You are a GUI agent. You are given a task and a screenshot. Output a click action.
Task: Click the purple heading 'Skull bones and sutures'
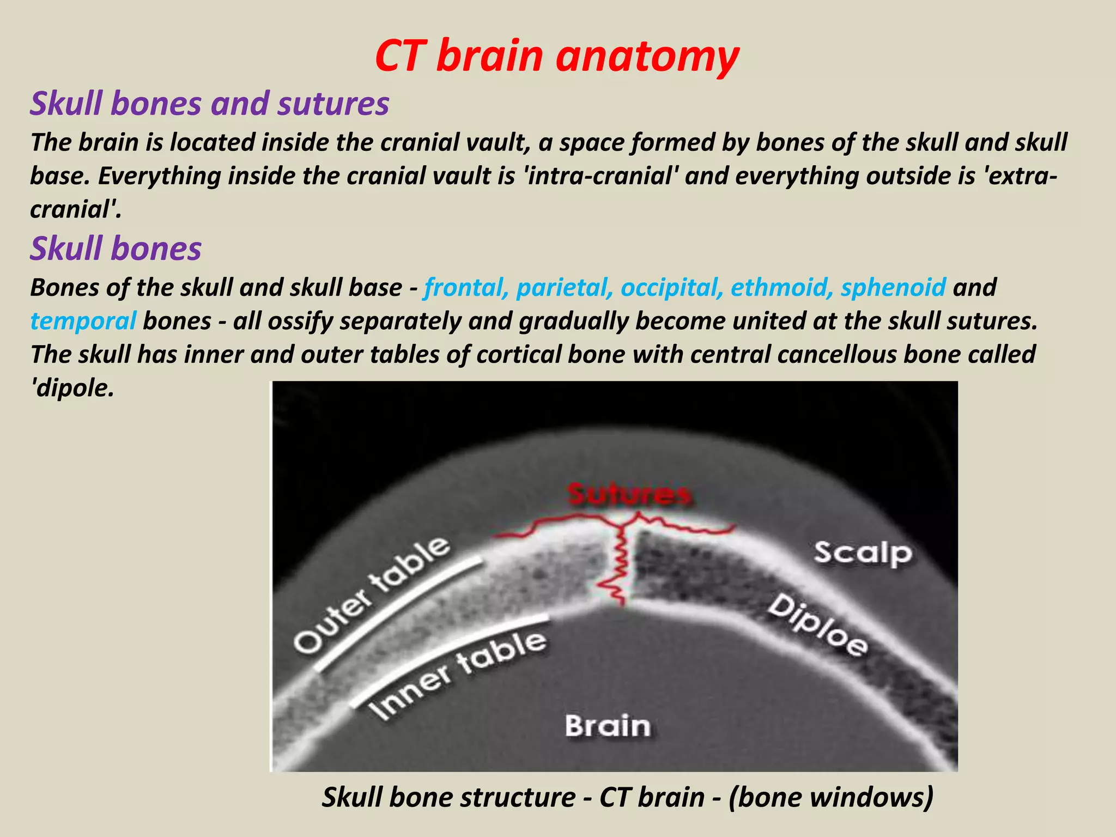(x=209, y=103)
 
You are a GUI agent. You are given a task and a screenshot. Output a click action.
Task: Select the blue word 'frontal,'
(x=465, y=287)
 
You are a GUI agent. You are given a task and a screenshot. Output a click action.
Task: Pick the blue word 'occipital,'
(x=672, y=287)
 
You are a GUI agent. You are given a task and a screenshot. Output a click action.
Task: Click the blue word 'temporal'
(x=83, y=321)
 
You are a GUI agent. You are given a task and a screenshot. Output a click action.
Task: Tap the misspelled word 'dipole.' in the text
(x=72, y=388)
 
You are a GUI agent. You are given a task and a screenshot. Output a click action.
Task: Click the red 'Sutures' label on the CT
(x=629, y=495)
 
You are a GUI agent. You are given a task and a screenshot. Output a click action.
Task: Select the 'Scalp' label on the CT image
(x=863, y=554)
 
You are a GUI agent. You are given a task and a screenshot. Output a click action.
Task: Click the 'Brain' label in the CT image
(x=608, y=726)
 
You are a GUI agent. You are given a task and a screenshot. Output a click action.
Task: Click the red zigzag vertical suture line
(x=618, y=567)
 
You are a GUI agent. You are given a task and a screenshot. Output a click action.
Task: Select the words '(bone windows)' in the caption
(x=830, y=797)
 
